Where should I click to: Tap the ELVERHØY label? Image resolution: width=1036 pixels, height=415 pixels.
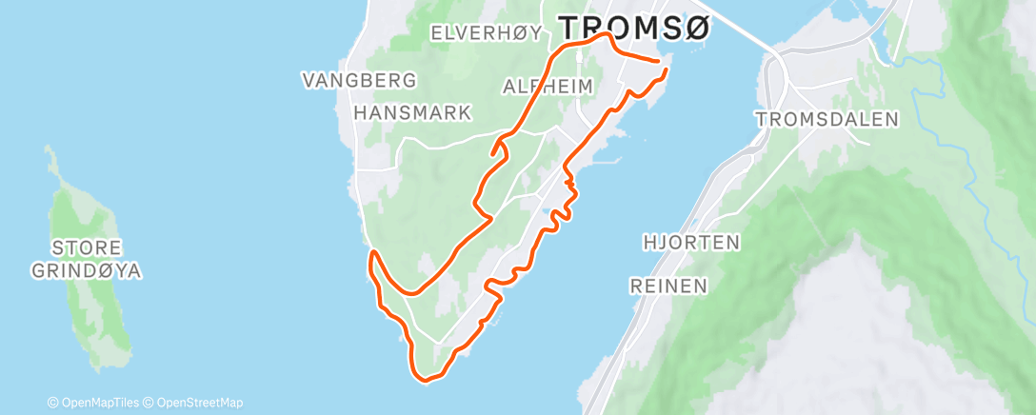point(487,33)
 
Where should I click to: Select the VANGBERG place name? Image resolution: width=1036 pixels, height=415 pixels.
point(360,80)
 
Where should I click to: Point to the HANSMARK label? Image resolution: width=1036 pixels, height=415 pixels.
point(412,112)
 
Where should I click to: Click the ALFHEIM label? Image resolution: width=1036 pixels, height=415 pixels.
point(548,87)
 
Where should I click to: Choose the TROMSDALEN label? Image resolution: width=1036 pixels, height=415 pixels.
point(827,119)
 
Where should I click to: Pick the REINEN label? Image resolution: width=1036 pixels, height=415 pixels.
point(668,286)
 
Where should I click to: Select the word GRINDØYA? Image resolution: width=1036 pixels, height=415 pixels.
point(86,271)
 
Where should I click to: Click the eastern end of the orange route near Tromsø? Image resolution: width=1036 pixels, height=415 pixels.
point(664,69)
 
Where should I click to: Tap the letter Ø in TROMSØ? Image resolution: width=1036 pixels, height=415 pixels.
point(696,28)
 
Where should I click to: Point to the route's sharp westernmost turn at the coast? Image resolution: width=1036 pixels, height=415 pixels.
point(373,253)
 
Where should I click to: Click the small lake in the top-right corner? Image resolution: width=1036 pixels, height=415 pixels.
point(895,43)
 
